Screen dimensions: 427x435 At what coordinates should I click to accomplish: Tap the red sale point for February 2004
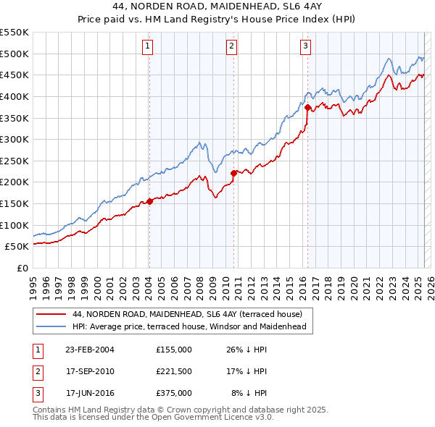pos(149,201)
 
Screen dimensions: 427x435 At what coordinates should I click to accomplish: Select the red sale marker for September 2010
pos(233,173)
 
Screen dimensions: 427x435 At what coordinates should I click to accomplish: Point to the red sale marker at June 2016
pos(307,107)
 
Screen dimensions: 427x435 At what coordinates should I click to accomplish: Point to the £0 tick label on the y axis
pos(22,268)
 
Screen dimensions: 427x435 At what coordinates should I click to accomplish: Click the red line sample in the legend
pos(51,314)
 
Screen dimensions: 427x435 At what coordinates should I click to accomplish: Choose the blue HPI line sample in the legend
pos(51,326)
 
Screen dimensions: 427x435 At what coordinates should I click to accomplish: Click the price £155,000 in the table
pos(173,350)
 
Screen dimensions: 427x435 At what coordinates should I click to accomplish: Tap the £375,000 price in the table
pos(173,393)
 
